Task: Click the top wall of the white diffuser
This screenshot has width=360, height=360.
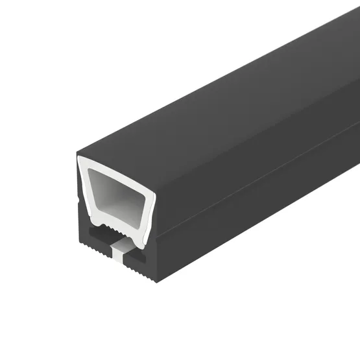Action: point(117,163)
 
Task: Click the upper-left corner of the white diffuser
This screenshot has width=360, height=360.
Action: point(80,160)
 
